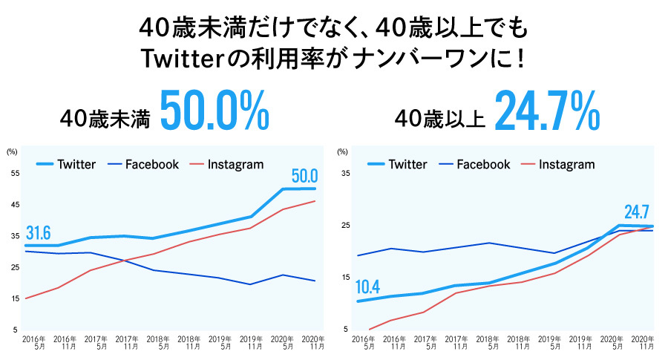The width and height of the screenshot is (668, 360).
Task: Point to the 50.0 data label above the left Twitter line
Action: tap(304, 176)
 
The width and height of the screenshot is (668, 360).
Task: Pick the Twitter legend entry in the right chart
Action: tap(407, 164)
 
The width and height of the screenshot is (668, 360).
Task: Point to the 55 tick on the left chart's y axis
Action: tap(15, 173)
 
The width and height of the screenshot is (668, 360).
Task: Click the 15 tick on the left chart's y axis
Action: tap(15, 298)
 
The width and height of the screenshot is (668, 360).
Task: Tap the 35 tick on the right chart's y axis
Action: tap(343, 173)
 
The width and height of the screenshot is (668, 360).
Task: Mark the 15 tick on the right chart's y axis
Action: tap(343, 278)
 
